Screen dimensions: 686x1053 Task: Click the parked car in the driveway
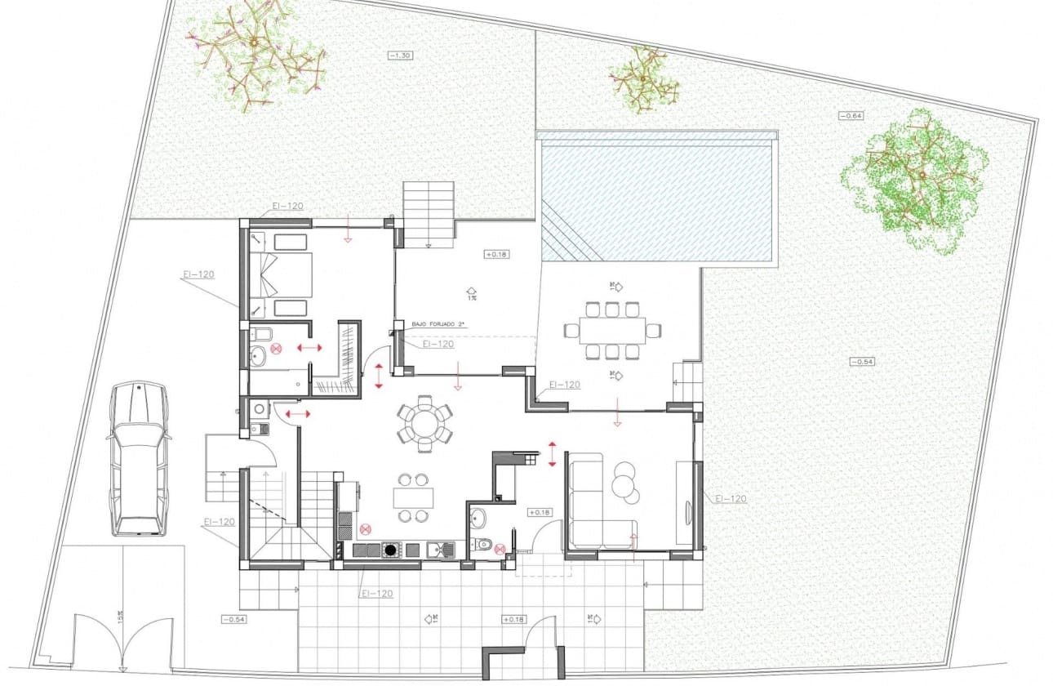point(138,459)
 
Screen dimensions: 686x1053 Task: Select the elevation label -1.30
point(399,55)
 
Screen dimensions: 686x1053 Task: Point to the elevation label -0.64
point(851,116)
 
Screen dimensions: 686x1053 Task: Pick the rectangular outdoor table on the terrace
point(612,330)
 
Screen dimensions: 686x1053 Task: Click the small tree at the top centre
point(644,79)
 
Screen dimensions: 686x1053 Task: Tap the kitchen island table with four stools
point(413,498)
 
